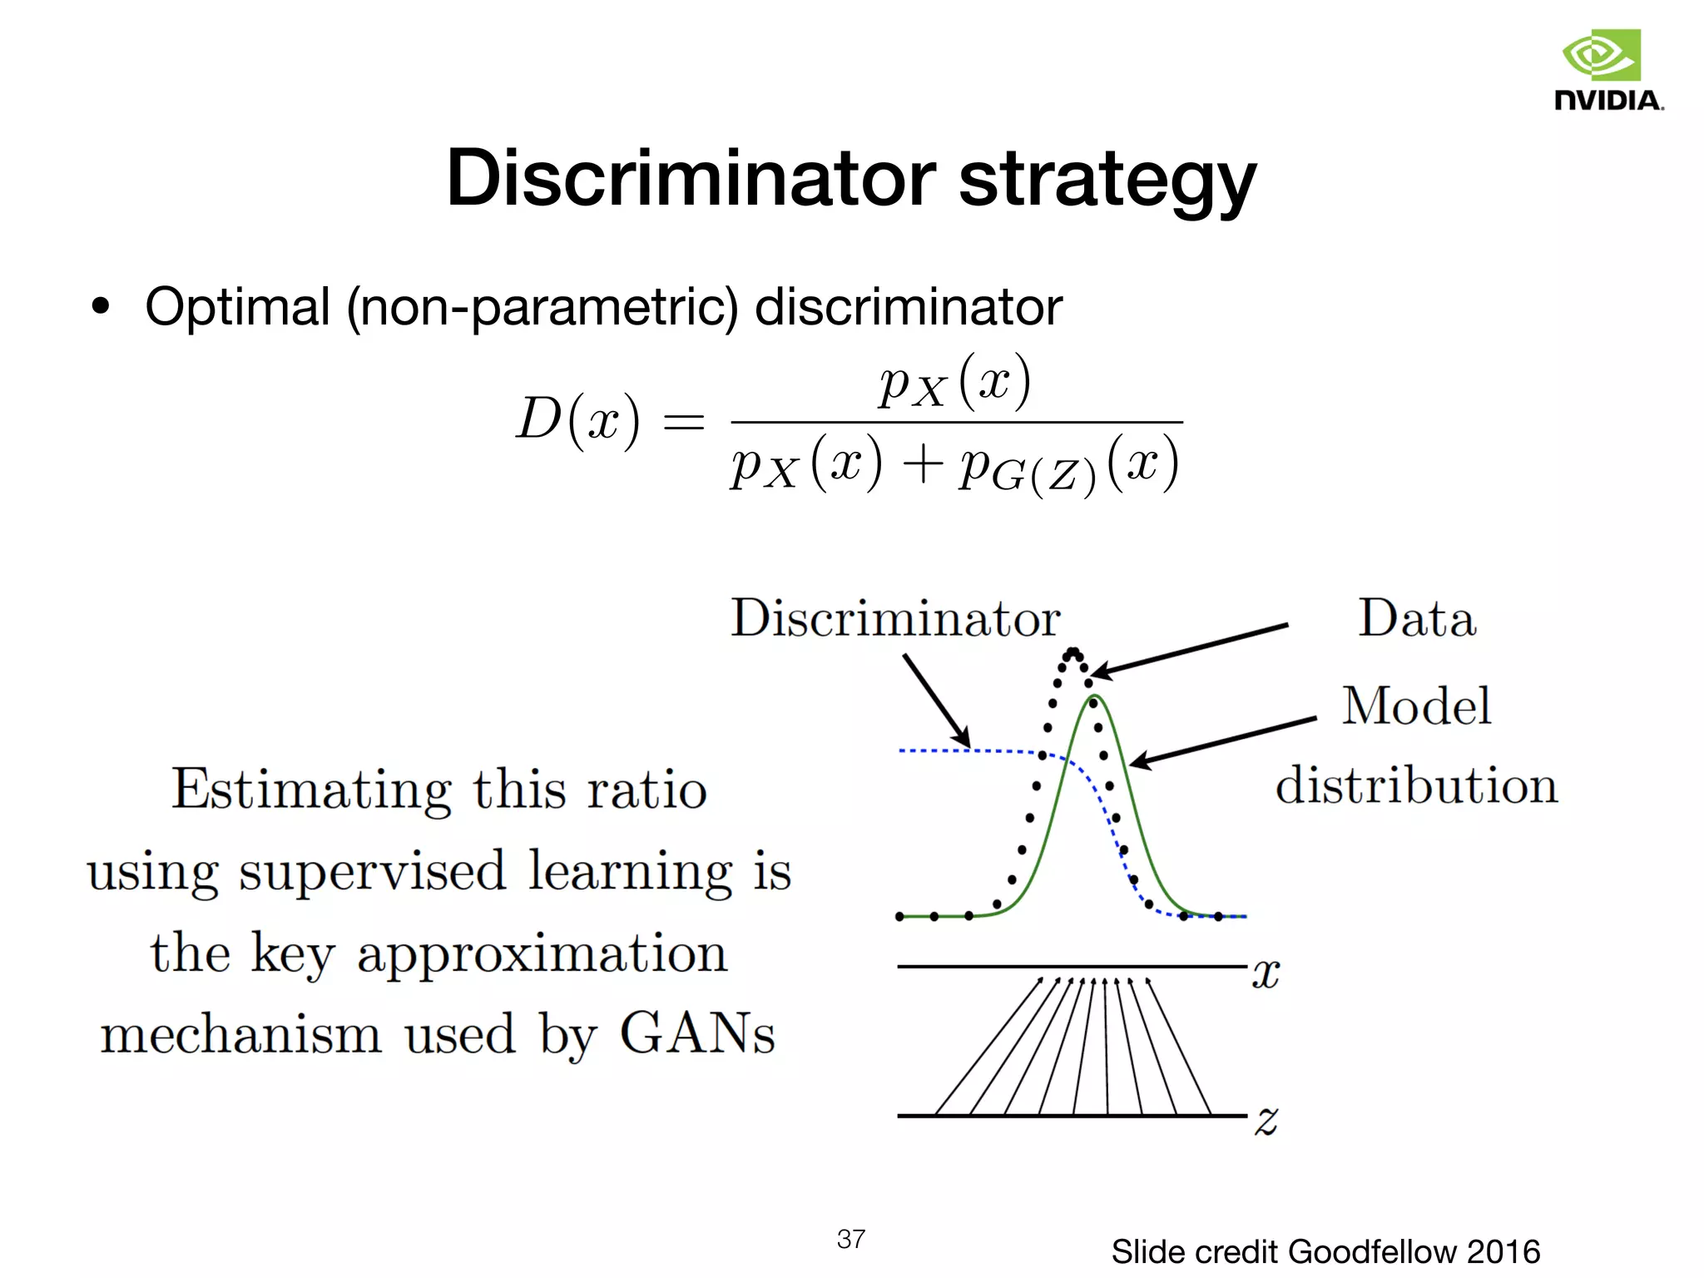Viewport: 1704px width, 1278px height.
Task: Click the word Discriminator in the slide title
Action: coord(691,179)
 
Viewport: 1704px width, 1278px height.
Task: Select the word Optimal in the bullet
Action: coord(238,308)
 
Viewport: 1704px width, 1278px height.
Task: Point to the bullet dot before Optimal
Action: coord(101,307)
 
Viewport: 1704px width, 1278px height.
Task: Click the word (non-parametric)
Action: coord(542,308)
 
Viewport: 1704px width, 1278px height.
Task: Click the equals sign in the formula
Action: coord(683,422)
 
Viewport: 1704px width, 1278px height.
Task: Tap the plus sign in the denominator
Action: coord(922,464)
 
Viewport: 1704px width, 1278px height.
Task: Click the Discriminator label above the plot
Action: coord(895,618)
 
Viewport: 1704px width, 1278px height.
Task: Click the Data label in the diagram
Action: coord(1417,619)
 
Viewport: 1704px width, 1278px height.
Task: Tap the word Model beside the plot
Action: coord(1416,706)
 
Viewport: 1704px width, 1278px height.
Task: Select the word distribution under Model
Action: coord(1416,785)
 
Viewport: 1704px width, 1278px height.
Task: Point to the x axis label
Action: coord(1266,973)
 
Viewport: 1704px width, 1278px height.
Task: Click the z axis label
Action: coord(1266,1120)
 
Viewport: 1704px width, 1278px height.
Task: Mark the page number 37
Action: coord(850,1239)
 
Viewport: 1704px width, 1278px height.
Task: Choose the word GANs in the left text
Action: coord(697,1034)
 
